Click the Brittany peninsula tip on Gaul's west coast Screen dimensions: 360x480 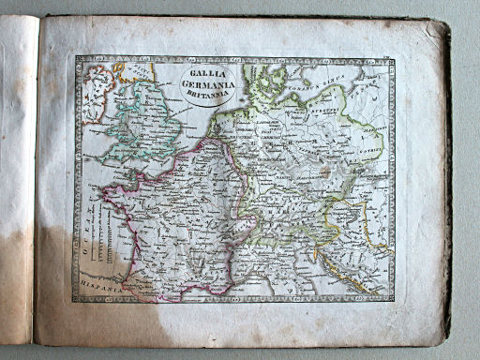click(108, 188)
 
